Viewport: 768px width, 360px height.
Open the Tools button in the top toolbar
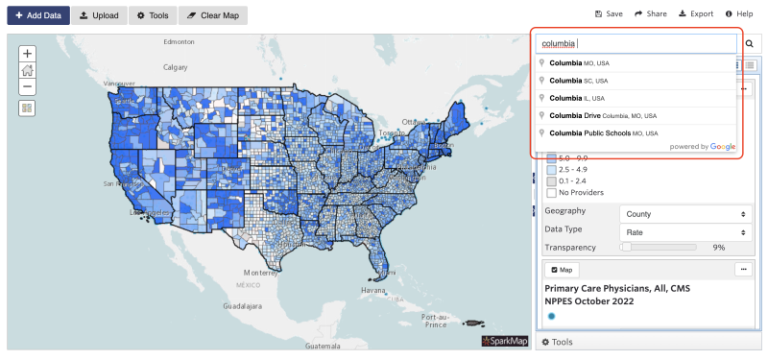pos(153,15)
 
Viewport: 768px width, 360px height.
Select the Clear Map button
pos(212,15)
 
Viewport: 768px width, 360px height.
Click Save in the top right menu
pos(610,14)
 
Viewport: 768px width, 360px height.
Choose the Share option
pos(651,14)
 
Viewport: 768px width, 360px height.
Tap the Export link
pos(696,14)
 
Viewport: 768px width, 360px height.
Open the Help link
pos(739,14)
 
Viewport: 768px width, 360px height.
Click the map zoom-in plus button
pos(27,54)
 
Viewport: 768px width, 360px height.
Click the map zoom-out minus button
pos(27,86)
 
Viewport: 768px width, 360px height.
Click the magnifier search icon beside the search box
pos(750,44)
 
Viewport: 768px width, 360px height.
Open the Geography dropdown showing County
pos(685,213)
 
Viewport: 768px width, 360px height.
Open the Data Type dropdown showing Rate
pos(685,231)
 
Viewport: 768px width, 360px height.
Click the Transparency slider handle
pos(626,247)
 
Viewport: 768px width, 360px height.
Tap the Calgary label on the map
pos(175,67)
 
